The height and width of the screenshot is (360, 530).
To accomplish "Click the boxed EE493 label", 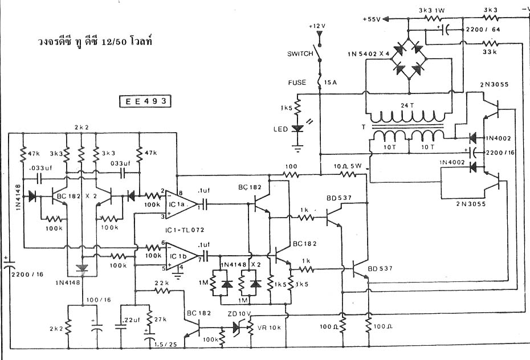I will [x=145, y=102].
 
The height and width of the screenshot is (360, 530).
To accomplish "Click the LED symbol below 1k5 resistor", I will [x=297, y=129].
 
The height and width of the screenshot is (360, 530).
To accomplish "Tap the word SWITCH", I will [x=300, y=54].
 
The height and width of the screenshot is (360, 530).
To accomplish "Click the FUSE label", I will [x=296, y=83].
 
